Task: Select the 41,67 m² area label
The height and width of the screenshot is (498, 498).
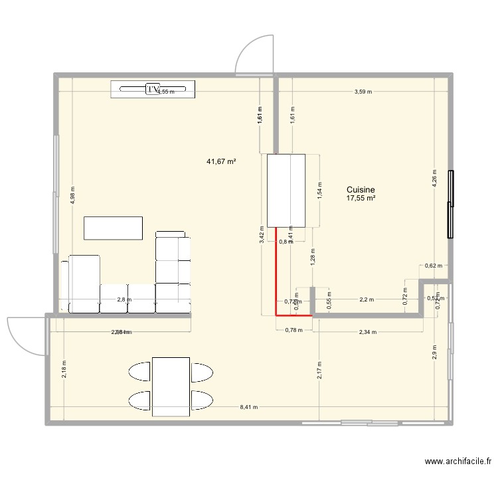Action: tap(222, 161)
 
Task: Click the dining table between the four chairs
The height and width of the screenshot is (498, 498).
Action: tap(171, 386)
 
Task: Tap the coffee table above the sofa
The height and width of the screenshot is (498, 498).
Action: tap(113, 228)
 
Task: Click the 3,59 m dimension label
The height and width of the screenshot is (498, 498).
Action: tap(363, 92)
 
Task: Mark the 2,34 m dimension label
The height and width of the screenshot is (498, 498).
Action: tap(368, 332)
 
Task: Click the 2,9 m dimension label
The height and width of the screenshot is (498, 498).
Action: tap(434, 353)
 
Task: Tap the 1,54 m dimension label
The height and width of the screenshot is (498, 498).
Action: tap(319, 191)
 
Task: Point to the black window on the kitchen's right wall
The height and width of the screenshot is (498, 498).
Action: tap(450, 204)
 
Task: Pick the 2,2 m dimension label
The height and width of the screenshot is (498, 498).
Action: tap(367, 299)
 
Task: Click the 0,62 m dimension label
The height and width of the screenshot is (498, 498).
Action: tap(433, 266)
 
